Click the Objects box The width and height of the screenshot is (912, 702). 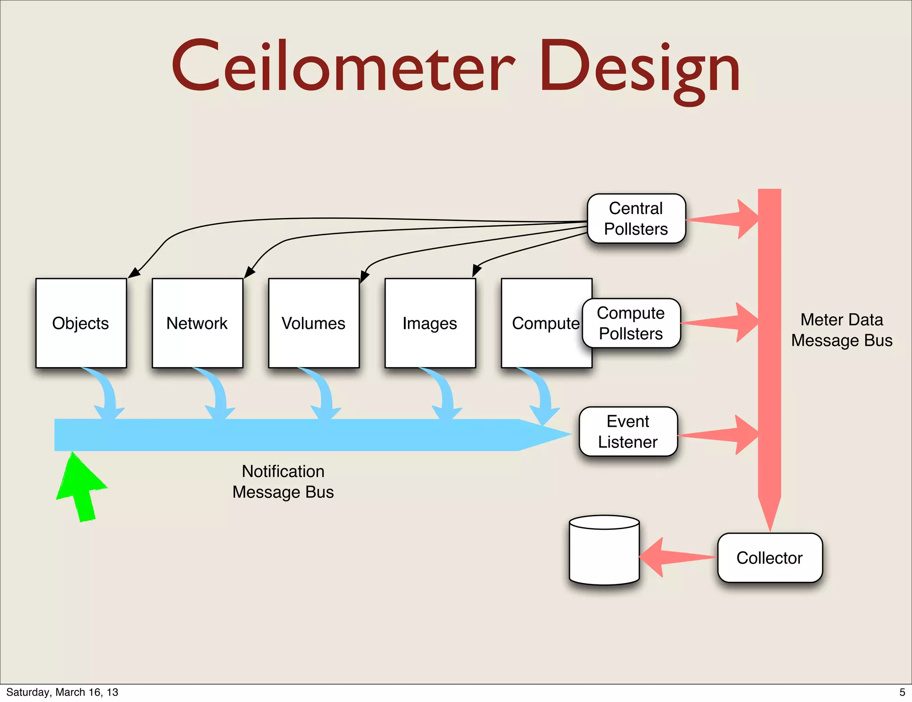click(81, 323)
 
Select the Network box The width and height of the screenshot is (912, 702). click(197, 323)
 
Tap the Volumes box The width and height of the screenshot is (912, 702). click(313, 323)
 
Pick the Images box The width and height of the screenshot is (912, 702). click(430, 323)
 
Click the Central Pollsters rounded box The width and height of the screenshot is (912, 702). click(636, 219)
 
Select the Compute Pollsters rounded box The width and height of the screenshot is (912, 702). click(631, 323)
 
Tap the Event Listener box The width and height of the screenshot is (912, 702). click(628, 432)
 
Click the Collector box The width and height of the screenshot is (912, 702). click(769, 558)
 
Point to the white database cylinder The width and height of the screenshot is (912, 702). click(604, 552)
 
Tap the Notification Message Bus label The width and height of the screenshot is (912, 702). click(283, 482)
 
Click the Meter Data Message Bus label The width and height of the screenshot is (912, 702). click(842, 330)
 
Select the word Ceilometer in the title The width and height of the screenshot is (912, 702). click(343, 67)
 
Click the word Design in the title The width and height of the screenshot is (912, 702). click(639, 69)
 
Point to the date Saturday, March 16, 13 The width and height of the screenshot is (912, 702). click(62, 692)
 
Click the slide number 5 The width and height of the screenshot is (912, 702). click(902, 692)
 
